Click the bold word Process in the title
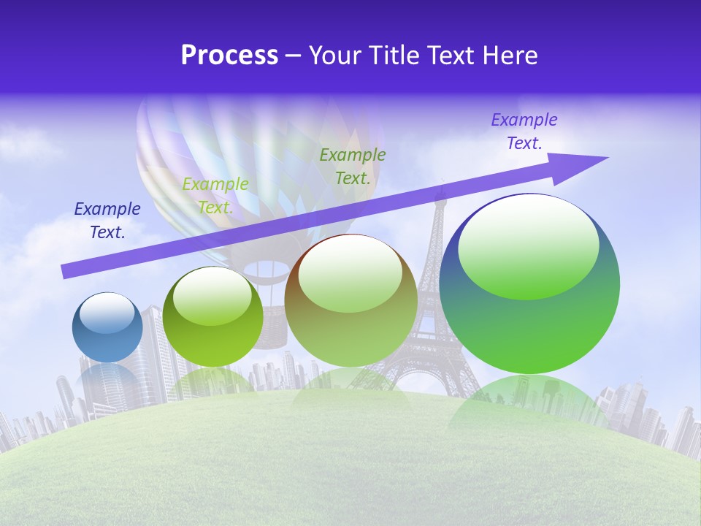click(x=229, y=56)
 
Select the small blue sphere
click(x=107, y=328)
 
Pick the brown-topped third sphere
click(x=350, y=301)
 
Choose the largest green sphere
click(x=529, y=285)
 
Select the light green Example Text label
click(x=215, y=196)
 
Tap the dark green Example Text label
click(x=353, y=167)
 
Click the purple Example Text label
click(x=524, y=131)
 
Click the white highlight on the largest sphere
click(x=528, y=245)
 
